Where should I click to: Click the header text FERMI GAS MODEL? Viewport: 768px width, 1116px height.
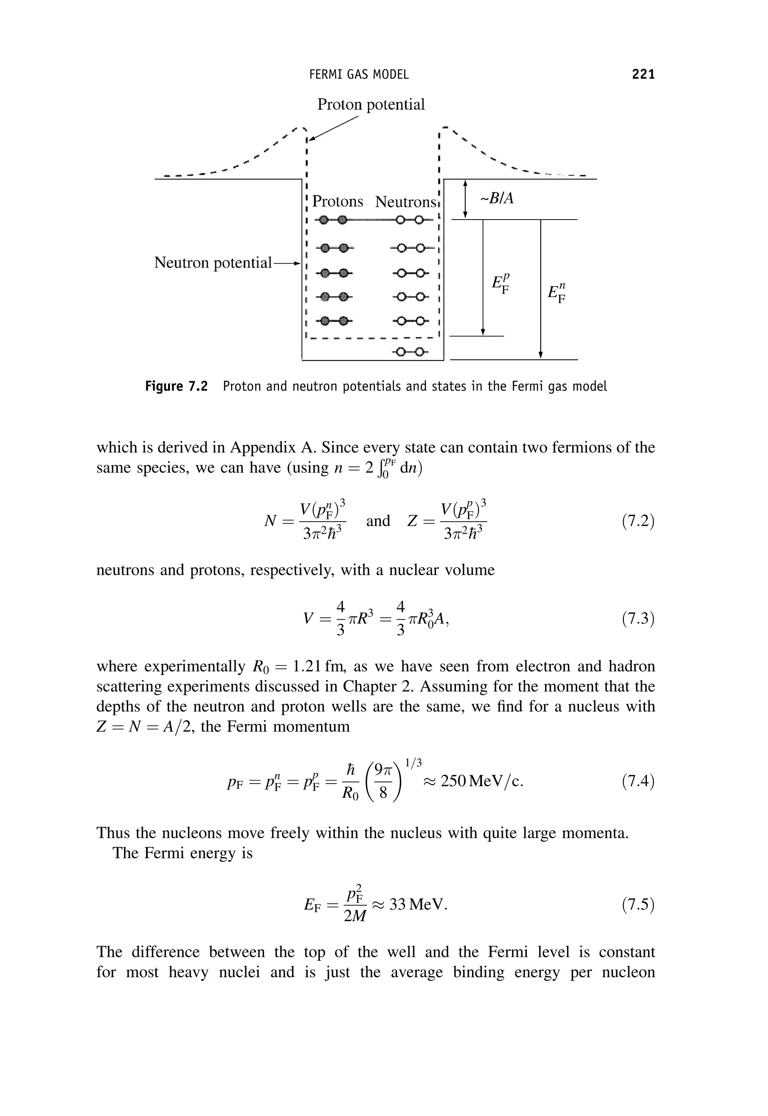(x=359, y=75)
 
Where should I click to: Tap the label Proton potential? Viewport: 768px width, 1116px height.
(x=370, y=104)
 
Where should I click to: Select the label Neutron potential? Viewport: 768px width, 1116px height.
(x=213, y=263)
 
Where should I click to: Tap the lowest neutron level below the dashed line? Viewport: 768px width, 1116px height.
(x=410, y=352)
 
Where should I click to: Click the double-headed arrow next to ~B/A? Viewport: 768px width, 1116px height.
(x=465, y=199)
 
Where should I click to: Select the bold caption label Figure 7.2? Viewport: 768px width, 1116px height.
(x=176, y=387)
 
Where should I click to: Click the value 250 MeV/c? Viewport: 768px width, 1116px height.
(x=481, y=781)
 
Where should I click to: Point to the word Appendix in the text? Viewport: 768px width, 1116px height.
(x=264, y=448)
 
